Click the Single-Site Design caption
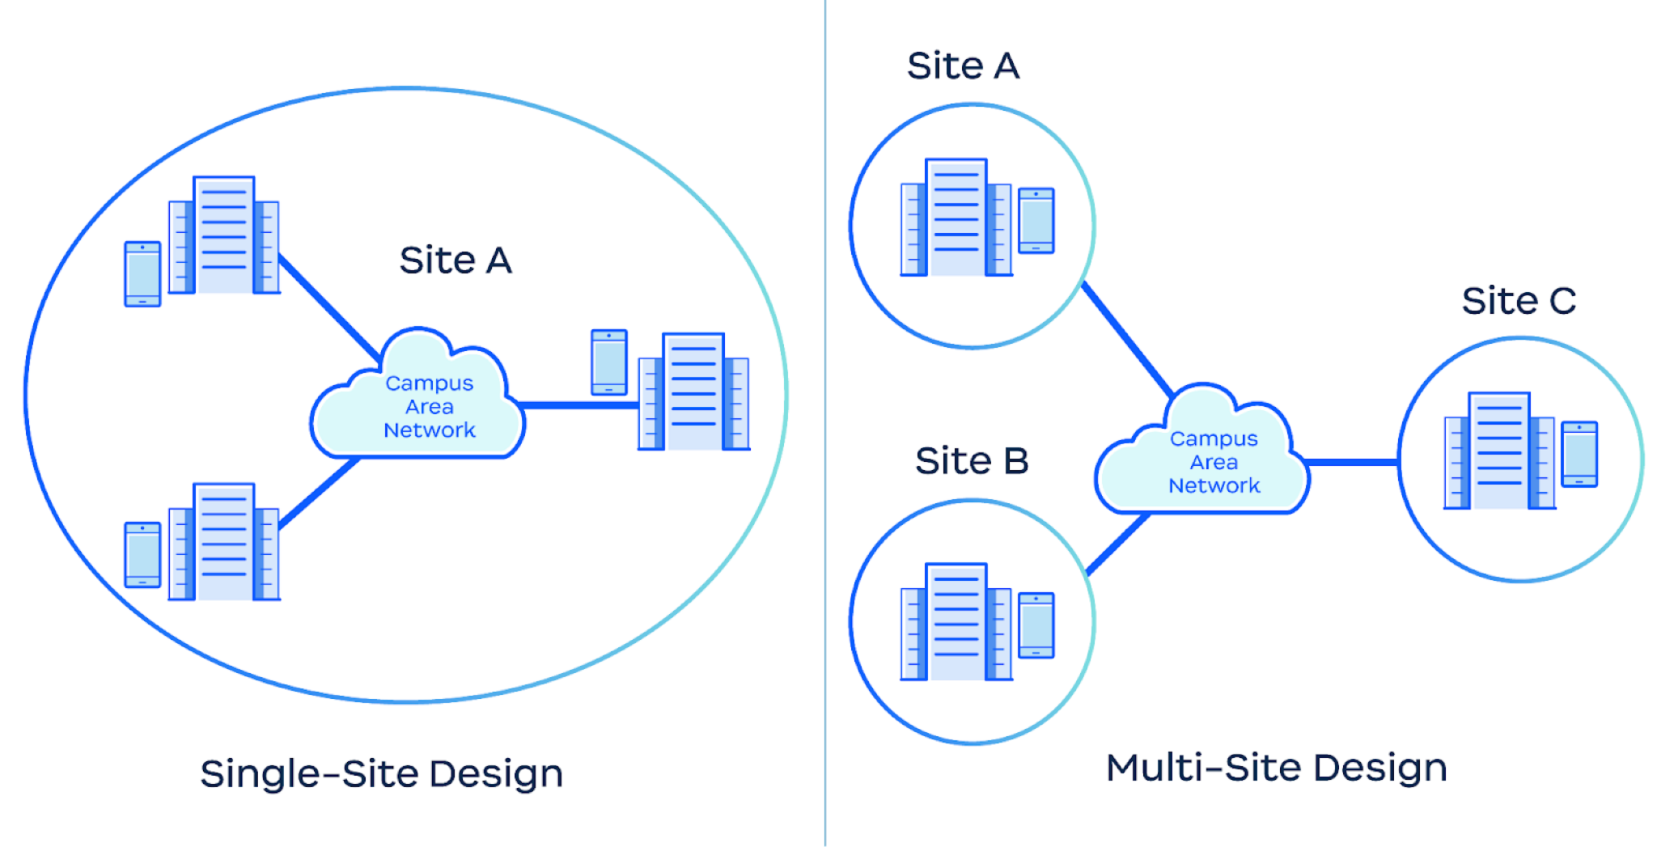click(381, 773)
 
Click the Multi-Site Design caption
click(1276, 768)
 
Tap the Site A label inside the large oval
click(456, 260)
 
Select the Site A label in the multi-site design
click(963, 66)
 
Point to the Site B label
click(972, 461)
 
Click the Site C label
click(1519, 301)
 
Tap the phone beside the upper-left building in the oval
click(142, 274)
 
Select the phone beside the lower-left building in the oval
click(142, 555)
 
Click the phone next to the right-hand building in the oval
click(609, 362)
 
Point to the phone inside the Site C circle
click(1579, 454)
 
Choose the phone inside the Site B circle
click(1036, 625)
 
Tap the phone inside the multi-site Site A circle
click(1036, 221)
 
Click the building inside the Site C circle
click(1499, 451)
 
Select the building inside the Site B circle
click(956, 622)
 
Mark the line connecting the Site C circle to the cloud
click(1352, 463)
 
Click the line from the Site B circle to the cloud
click(1117, 544)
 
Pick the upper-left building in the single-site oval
click(224, 235)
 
